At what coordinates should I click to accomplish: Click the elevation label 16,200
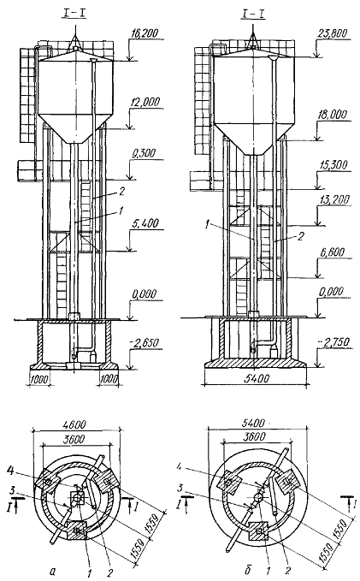[145, 33]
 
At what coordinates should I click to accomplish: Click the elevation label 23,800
[333, 33]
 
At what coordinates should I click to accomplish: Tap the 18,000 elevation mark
[333, 115]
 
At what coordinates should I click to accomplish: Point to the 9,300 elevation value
[143, 154]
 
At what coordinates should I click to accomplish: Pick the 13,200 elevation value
[334, 200]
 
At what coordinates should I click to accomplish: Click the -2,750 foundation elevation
[333, 341]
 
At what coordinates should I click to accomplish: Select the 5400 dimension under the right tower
[256, 378]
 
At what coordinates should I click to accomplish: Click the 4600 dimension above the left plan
[75, 424]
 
